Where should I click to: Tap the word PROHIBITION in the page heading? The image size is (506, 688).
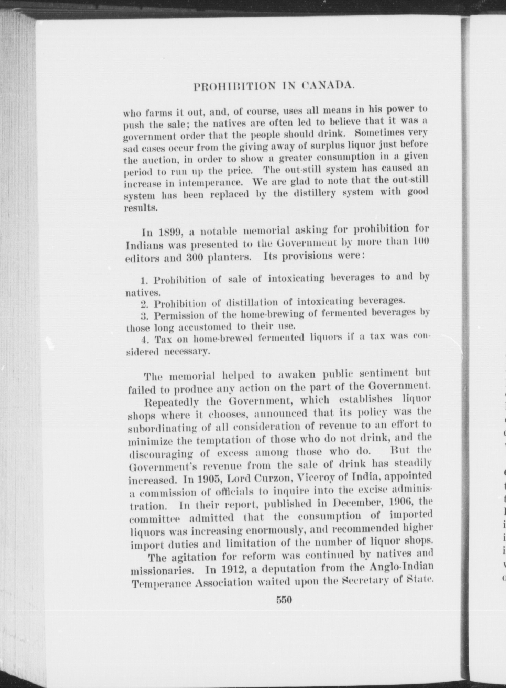point(235,86)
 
